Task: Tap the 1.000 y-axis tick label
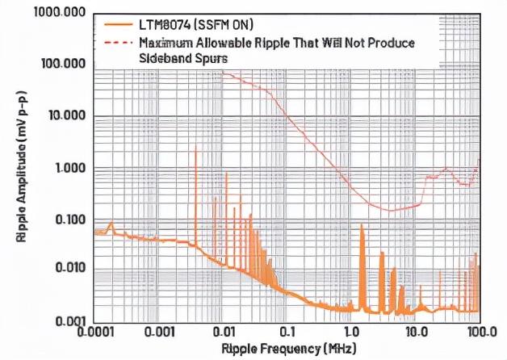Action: pyautogui.click(x=66, y=168)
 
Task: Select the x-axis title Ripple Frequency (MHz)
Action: pyautogui.click(x=285, y=349)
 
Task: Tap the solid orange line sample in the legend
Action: pyautogui.click(x=118, y=24)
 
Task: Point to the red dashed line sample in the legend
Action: pyautogui.click(x=118, y=42)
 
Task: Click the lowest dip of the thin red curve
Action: pyautogui.click(x=391, y=211)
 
